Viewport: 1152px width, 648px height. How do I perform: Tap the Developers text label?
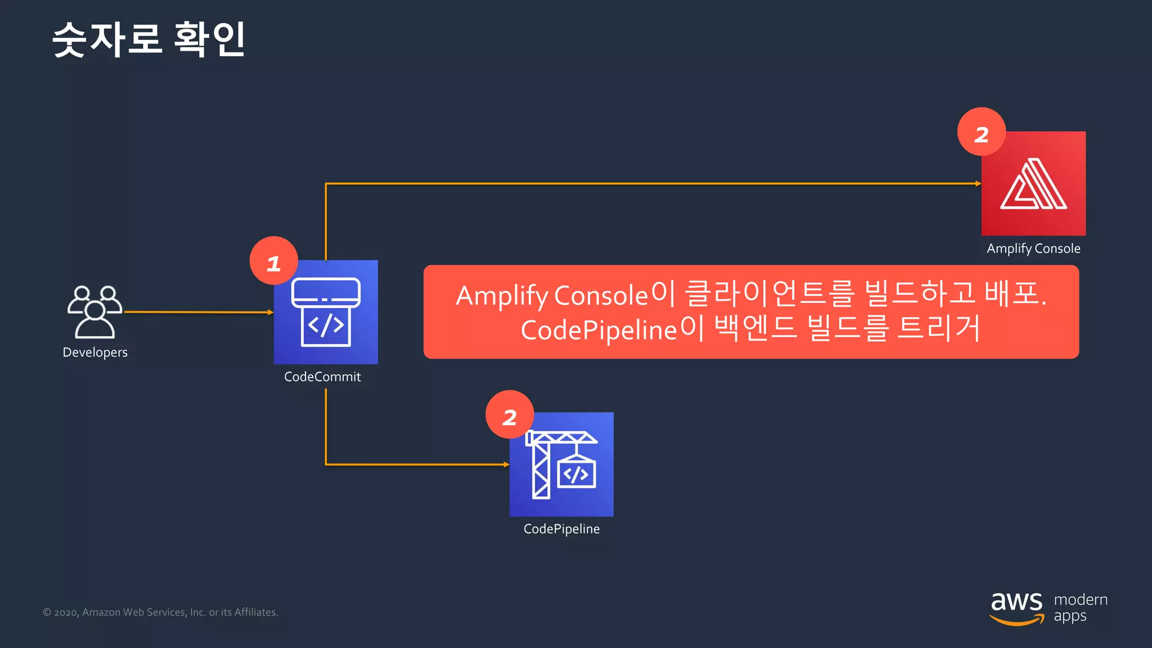[x=95, y=353]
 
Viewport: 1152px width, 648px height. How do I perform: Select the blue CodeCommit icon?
[x=326, y=312]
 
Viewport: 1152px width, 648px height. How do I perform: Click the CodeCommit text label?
[x=322, y=377]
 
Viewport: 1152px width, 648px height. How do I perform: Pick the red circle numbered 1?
[x=274, y=261]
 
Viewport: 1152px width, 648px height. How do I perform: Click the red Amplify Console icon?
[x=1033, y=183]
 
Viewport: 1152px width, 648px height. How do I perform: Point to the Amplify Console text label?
[x=1033, y=249]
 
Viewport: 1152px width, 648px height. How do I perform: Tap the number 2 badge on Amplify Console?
[x=982, y=132]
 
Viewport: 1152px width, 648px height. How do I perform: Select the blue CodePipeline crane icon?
[x=561, y=465]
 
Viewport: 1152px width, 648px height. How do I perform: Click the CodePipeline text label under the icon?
[x=561, y=529]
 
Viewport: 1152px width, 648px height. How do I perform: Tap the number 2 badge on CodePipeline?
[x=510, y=415]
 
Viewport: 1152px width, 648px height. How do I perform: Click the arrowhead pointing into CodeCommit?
[x=271, y=312]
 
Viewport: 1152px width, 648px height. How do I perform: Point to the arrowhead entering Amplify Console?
[x=978, y=183]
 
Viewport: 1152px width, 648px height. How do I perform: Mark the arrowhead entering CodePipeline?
[x=506, y=465]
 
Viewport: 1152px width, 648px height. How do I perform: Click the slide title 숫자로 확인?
[x=148, y=39]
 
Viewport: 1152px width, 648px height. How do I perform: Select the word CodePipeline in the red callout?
[x=598, y=330]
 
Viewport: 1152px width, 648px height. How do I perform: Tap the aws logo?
[x=1016, y=608]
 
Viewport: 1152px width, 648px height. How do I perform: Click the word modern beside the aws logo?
[x=1081, y=600]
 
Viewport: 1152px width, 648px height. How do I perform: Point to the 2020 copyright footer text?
[x=160, y=612]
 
